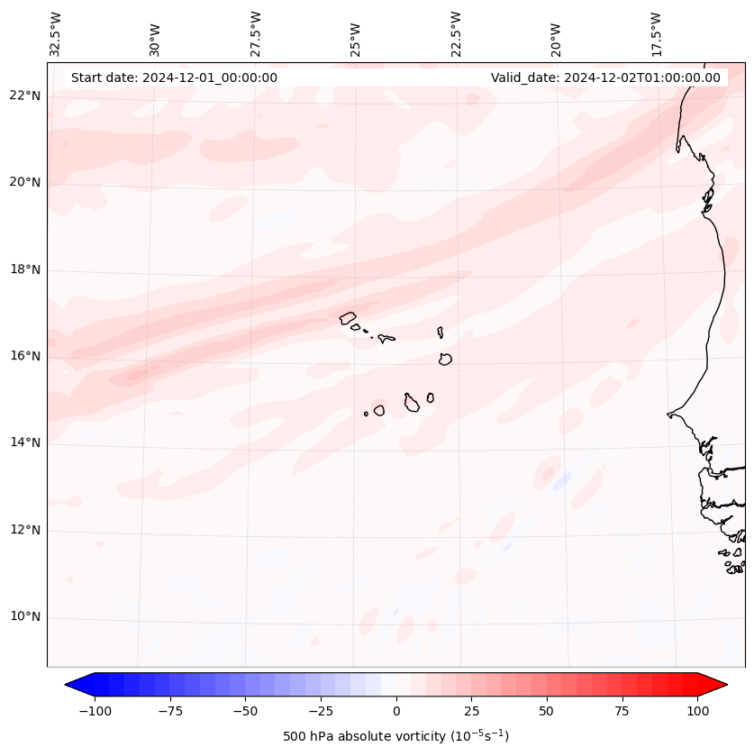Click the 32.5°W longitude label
(x=56, y=33)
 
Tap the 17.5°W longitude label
(x=656, y=33)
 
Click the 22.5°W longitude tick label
(x=456, y=33)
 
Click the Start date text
(x=174, y=77)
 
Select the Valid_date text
(x=605, y=77)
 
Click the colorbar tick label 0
(x=395, y=711)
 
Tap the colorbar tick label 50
(x=546, y=711)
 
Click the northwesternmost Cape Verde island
(x=348, y=317)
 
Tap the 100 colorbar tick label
(x=696, y=711)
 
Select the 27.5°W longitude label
(x=256, y=33)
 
